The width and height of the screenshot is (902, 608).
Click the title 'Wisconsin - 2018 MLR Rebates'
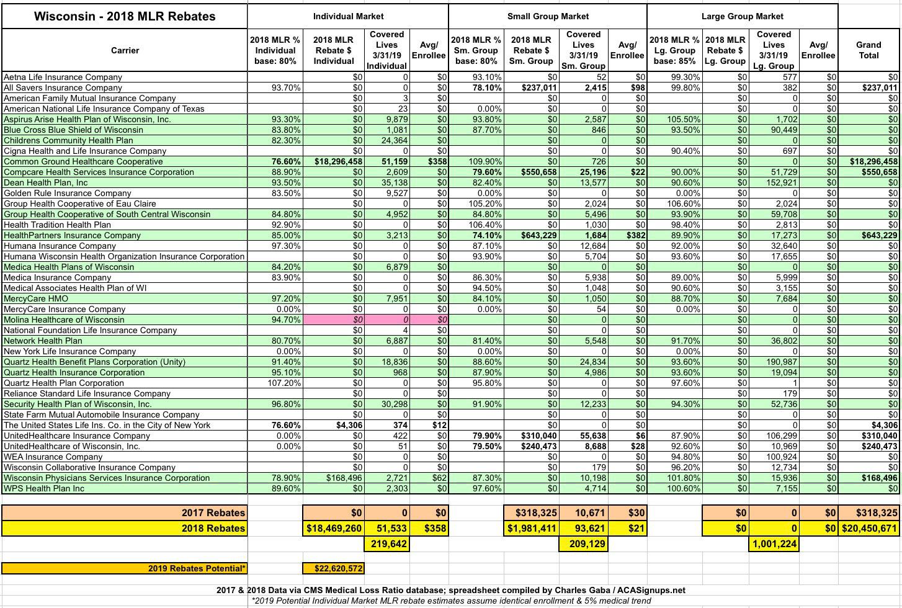(x=125, y=16)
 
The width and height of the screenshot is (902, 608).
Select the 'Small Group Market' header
(x=548, y=16)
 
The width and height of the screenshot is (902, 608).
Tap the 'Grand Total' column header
(x=869, y=50)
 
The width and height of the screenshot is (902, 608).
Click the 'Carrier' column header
(x=125, y=50)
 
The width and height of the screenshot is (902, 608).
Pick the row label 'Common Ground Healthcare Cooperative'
(x=83, y=161)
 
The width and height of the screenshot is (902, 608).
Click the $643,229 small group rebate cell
(x=532, y=235)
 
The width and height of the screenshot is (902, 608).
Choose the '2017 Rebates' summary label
(x=213, y=512)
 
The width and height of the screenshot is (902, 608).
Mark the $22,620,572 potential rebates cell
(x=334, y=568)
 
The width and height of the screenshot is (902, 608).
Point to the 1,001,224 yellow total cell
(x=774, y=544)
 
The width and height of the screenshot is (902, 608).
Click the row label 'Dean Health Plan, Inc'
(x=46, y=182)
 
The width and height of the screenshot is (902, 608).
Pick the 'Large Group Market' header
(x=742, y=16)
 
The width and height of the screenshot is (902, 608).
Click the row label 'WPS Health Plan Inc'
(x=44, y=488)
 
